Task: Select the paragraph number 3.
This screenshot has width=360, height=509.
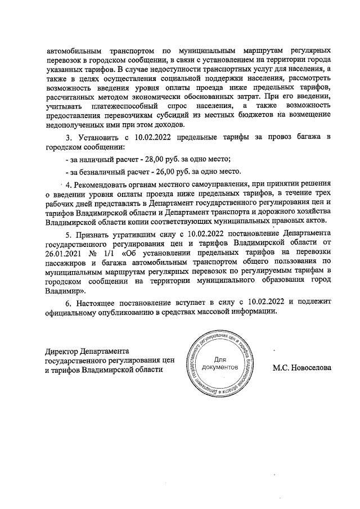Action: tap(69, 137)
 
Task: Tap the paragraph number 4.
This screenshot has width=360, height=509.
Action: tap(69, 184)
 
